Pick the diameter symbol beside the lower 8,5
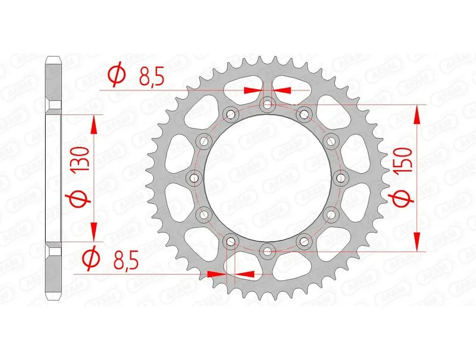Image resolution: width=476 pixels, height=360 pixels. tap(92, 259)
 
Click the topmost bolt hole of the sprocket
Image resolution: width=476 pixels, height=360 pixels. tap(267, 105)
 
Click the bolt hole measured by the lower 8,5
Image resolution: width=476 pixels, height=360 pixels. tap(231, 240)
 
